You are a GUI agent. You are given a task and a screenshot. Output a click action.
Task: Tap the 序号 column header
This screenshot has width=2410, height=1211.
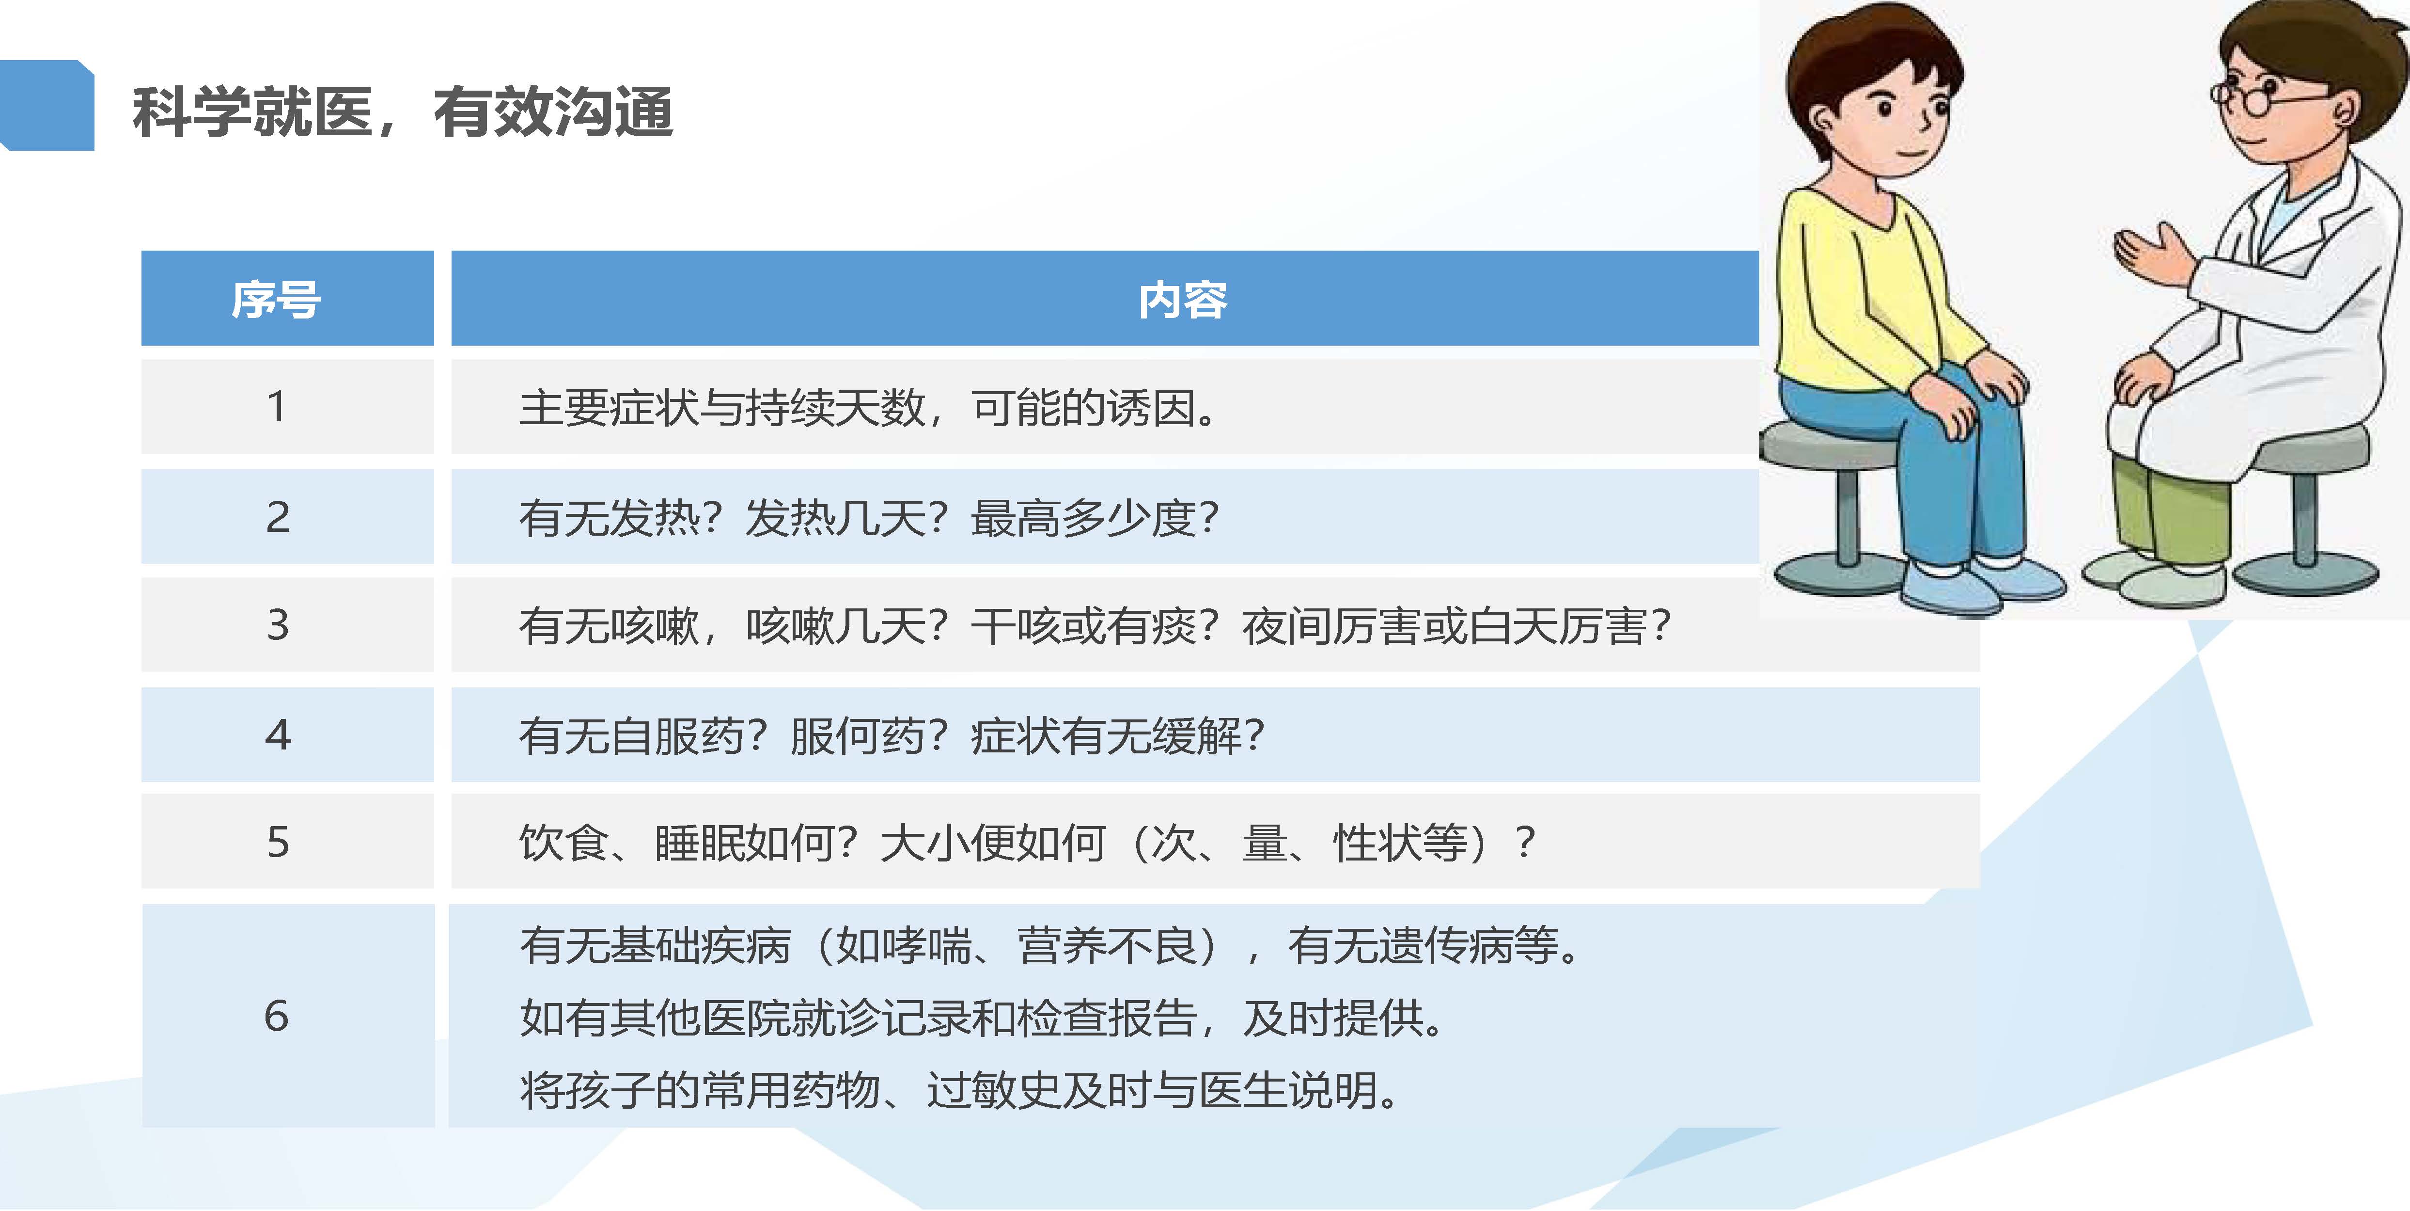point(277,300)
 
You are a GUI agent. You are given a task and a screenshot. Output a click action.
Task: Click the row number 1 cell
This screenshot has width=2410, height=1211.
point(277,406)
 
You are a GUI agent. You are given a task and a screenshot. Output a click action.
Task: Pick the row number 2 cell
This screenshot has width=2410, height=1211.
point(277,517)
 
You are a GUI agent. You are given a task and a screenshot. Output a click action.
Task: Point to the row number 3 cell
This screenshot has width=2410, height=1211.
point(277,624)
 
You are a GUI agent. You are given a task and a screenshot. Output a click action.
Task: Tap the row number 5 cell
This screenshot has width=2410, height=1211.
point(277,841)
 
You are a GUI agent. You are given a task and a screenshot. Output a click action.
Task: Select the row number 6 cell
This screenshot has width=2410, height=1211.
point(277,1016)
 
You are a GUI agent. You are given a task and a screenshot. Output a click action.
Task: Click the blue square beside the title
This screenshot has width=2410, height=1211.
point(47,105)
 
